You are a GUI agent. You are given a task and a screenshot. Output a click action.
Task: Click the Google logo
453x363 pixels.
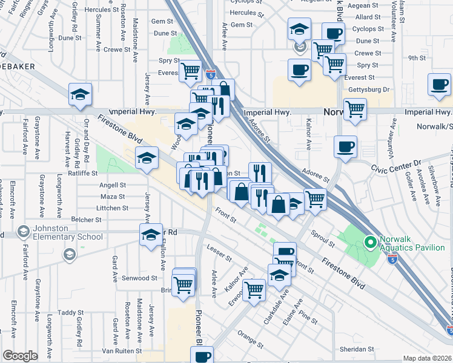(20, 356)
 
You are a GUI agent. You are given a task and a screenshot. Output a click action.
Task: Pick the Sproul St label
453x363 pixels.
(323, 239)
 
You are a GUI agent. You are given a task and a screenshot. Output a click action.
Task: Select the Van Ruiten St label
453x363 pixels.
(121, 351)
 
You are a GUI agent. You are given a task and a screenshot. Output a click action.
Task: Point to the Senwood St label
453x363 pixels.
(141, 278)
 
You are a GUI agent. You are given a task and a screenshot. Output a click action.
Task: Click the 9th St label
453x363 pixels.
(417, 58)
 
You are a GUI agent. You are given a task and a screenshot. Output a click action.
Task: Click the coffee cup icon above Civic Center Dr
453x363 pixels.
(345, 146)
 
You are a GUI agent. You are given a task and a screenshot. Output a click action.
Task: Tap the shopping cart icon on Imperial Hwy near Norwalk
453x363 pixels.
(355, 110)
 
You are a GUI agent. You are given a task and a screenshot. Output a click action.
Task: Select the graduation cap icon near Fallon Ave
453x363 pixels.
(151, 235)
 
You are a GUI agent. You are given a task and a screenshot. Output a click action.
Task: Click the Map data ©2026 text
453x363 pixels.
(427, 358)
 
